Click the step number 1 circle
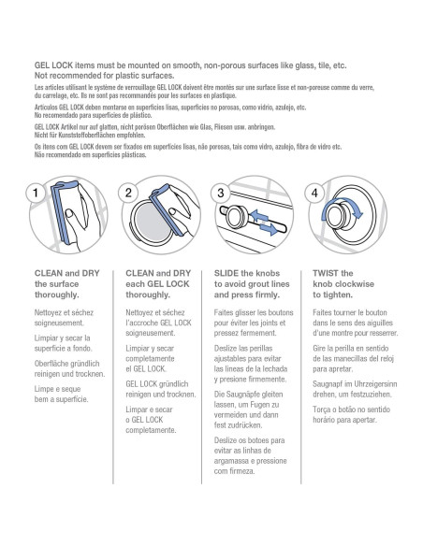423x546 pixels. (36, 193)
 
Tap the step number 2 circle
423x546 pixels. (128, 193)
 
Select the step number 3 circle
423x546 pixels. (220, 193)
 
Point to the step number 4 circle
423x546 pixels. (314, 193)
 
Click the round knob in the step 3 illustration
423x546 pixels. (238, 217)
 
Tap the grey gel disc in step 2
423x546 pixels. (152, 222)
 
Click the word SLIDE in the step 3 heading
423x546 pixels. (226, 273)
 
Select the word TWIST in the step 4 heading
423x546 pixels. (326, 273)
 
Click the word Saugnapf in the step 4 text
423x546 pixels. (327, 384)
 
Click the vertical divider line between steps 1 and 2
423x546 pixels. (113, 377)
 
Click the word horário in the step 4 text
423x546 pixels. (324, 420)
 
